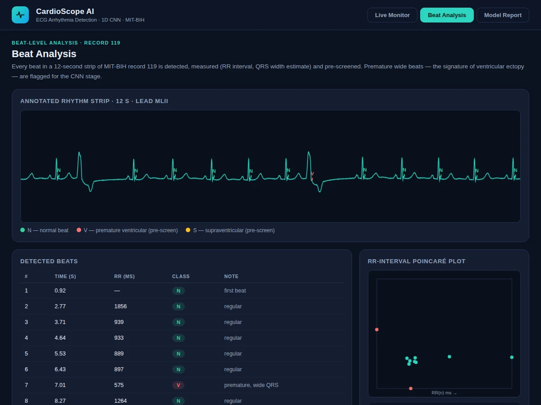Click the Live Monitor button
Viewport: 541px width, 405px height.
[392, 15]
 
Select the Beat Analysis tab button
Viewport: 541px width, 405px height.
[447, 15]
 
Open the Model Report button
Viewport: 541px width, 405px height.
[503, 15]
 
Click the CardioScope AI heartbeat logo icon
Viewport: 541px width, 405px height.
[20, 15]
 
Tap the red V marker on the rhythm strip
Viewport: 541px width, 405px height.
[312, 174]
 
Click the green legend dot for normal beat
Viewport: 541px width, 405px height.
[23, 230]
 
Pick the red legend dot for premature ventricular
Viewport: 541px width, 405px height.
[79, 230]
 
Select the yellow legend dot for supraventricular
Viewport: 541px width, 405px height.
[188, 230]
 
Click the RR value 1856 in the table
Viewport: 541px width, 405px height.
[120, 306]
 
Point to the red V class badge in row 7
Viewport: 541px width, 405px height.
[178, 385]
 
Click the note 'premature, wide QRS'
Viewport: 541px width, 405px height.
[251, 385]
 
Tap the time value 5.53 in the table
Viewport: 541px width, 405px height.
[60, 354]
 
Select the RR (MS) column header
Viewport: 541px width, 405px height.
[124, 276]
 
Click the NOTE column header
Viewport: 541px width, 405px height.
[231, 276]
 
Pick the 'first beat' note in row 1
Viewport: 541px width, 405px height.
[235, 291]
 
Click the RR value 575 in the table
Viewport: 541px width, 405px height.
[119, 385]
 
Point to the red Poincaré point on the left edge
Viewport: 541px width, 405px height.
[376, 329]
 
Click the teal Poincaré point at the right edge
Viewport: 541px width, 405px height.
[512, 357]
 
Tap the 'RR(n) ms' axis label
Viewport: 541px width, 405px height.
[441, 393]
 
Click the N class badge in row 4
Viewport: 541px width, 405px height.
[178, 338]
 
